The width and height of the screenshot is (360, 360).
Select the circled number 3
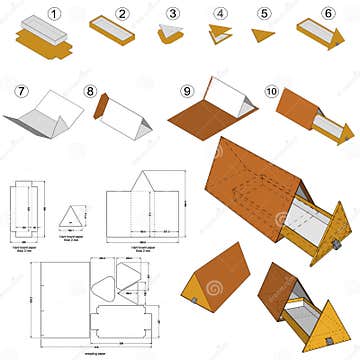[173, 13]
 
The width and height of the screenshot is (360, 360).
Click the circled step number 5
[264, 13]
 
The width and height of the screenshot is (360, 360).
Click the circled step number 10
[272, 91]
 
